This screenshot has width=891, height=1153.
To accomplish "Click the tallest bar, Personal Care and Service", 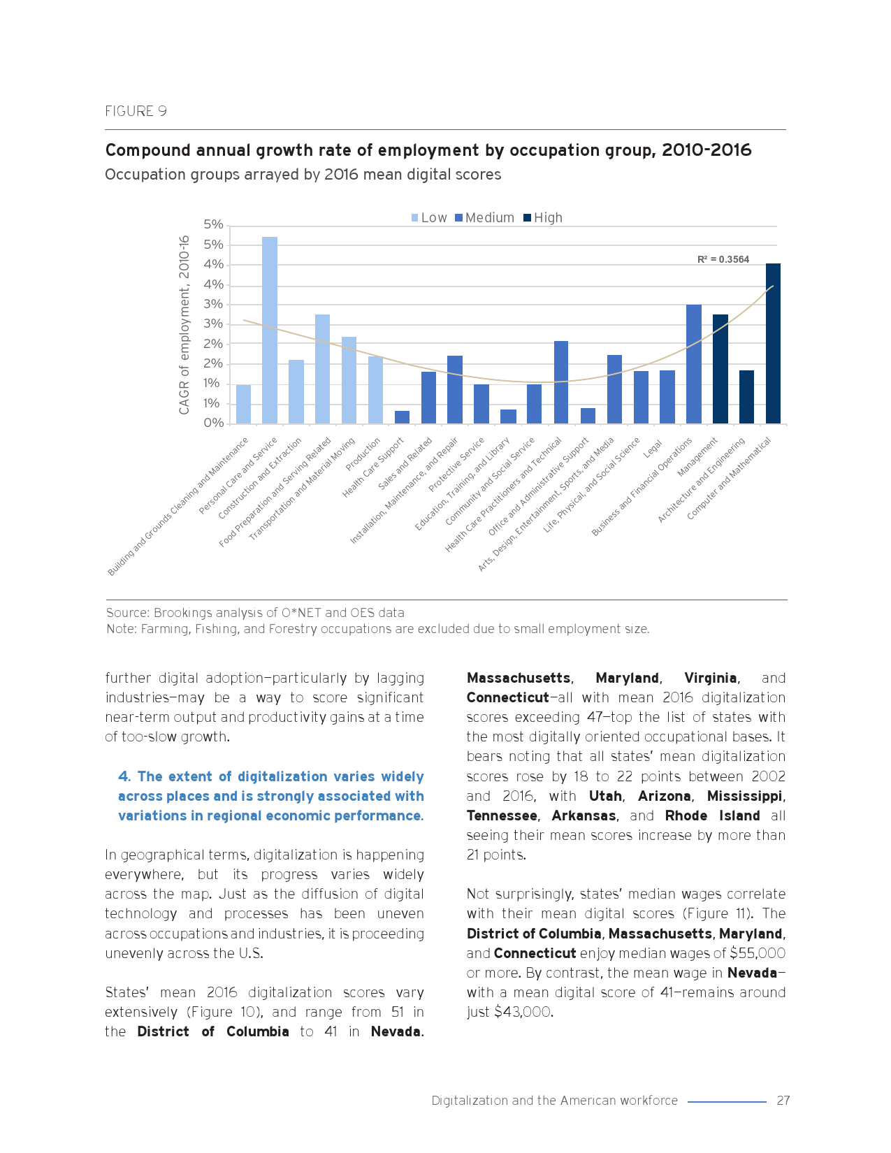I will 270,330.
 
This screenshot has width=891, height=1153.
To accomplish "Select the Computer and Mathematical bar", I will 773,343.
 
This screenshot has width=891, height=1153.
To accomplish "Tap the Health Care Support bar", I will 402,417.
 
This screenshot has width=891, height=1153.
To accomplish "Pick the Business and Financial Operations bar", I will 693,363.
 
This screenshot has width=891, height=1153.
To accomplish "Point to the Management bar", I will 720,368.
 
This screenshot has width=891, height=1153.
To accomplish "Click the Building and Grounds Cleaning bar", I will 243,404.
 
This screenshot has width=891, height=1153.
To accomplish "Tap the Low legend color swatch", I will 415,218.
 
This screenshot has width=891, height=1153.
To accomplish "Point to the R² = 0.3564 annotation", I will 723,259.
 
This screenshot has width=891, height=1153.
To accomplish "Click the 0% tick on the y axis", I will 213,423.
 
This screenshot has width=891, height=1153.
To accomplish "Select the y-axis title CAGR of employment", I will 184,325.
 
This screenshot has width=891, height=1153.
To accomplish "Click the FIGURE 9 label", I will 136,111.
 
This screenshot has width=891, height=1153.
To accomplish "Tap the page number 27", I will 783,1101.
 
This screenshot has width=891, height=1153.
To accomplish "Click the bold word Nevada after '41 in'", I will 396,1031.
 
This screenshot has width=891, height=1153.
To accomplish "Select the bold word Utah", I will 605,796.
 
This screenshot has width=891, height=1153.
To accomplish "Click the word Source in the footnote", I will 126,613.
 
